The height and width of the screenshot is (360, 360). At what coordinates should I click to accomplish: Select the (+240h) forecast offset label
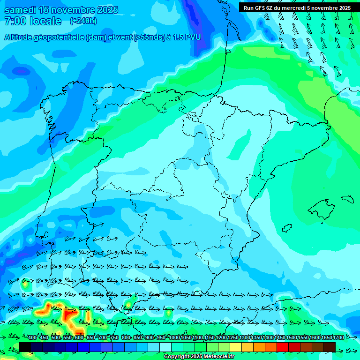pos(83,21)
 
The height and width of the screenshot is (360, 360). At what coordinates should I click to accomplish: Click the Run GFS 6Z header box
pos(297,8)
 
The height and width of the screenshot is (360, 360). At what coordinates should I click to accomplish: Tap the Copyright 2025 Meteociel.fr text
pos(199,357)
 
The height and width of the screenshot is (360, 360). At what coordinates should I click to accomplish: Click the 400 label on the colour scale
pos(32,337)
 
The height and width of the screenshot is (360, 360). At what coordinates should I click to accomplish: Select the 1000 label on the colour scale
pos(174,337)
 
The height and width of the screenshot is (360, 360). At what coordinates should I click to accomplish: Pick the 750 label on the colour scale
pos(114,337)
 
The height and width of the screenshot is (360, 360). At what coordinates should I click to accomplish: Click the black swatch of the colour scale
pos(25,347)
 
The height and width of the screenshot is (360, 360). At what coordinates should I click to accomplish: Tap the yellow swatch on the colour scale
pos(236,347)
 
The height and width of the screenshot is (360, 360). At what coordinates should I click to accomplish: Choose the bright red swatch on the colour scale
pos(283,347)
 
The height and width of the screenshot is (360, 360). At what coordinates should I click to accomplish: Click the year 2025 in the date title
pos(106,10)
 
